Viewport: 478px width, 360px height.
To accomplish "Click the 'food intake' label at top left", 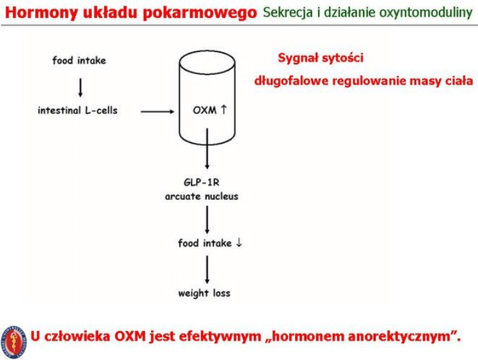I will pos(79,60).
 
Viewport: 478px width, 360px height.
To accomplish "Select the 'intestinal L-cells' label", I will pos(78,110).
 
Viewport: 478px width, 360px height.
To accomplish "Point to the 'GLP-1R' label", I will pos(201,182).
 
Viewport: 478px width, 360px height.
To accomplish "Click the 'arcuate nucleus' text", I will pos(201,196).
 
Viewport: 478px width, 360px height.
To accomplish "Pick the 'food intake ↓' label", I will pos(209,243).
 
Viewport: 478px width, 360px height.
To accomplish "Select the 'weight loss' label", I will pos(204,294).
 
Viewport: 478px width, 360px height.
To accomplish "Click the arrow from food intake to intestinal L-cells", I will pos(80,85).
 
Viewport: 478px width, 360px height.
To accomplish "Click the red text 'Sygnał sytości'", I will pos(321,58).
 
